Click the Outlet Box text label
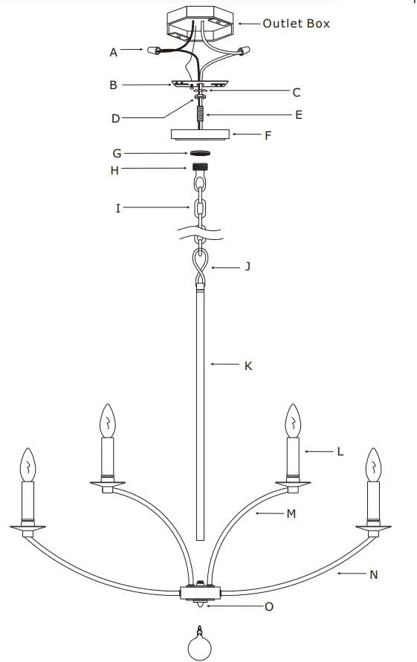pos(296,24)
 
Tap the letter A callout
pos(114,52)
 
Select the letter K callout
pos(248,365)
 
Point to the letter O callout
pos(269,607)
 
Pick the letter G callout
pos(117,153)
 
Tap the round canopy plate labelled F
pos(199,135)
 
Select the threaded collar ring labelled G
pos(199,153)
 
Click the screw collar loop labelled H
pos(199,169)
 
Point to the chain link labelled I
pos(199,209)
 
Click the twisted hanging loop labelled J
pos(200,265)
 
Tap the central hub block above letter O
pos(201,593)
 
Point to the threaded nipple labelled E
pos(199,116)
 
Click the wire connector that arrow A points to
pos(156,52)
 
